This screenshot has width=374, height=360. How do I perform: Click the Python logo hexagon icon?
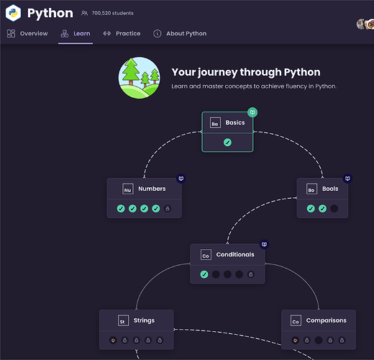pyautogui.click(x=13, y=13)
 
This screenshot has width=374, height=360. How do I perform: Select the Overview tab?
pyautogui.click(x=27, y=33)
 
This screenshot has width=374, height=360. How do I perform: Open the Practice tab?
pyautogui.click(x=122, y=33)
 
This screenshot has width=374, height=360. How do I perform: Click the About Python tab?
pyautogui.click(x=180, y=33)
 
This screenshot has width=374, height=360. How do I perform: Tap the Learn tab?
pyautogui.click(x=76, y=33)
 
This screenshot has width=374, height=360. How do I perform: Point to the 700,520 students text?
pyautogui.click(x=112, y=13)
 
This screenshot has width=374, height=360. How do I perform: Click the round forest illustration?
pyautogui.click(x=140, y=78)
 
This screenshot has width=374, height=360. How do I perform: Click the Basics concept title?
pyautogui.click(x=235, y=122)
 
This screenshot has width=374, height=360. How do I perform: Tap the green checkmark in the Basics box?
pyautogui.click(x=227, y=143)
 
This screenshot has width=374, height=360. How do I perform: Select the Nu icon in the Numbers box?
pyautogui.click(x=128, y=189)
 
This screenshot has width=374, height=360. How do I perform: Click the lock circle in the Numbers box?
pyautogui.click(x=168, y=209)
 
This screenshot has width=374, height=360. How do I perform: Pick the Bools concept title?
pyautogui.click(x=330, y=189)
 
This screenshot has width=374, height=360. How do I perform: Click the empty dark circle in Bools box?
pyautogui.click(x=334, y=208)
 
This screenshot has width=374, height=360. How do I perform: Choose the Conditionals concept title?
pyautogui.click(x=235, y=254)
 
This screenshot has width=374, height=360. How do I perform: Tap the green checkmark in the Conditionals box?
pyautogui.click(x=204, y=274)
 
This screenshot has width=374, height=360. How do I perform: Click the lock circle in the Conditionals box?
pyautogui.click(x=251, y=274)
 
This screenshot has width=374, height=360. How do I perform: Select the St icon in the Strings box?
pyautogui.click(x=123, y=320)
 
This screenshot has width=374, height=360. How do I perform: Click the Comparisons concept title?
pyautogui.click(x=326, y=320)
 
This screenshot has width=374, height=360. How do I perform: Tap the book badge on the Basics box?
pyautogui.click(x=252, y=112)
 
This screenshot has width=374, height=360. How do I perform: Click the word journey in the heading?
pyautogui.click(x=218, y=72)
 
